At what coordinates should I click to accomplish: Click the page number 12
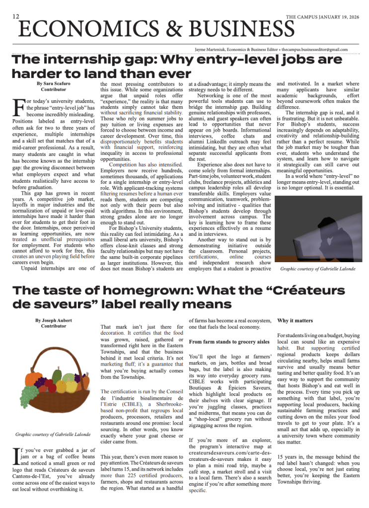point(16,16)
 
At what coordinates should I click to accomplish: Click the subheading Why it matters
point(295,321)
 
